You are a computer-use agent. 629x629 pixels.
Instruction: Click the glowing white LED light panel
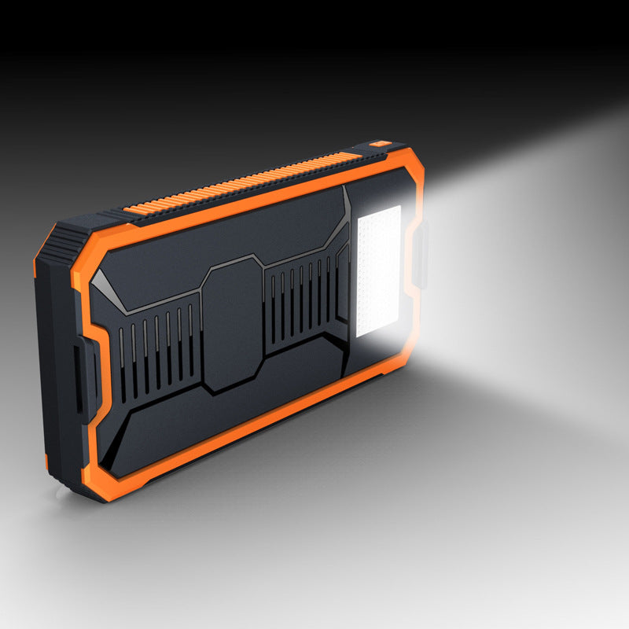tap(378, 271)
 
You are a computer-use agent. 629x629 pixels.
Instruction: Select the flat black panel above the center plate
tap(236, 228)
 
